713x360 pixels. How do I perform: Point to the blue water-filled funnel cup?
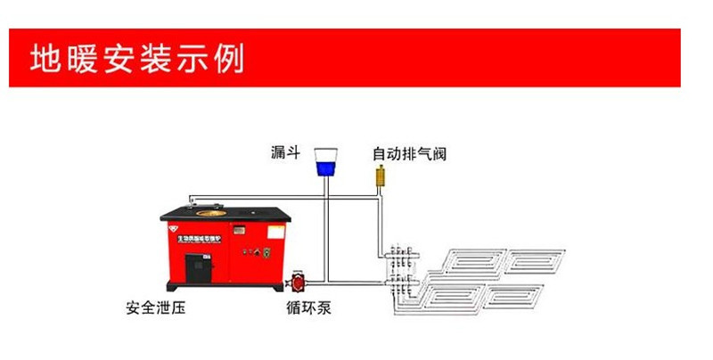click(330, 166)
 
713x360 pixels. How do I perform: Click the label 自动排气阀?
click(409, 153)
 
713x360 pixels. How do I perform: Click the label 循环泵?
click(293, 310)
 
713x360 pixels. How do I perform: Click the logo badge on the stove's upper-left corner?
click(172, 226)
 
